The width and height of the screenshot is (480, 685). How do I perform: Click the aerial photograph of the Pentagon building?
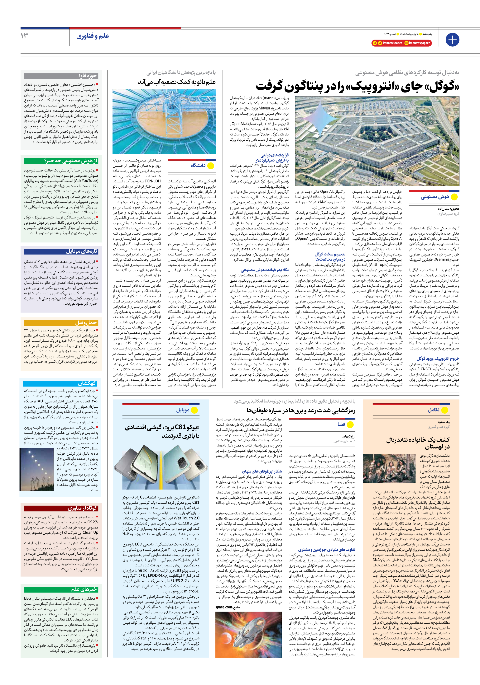point(377,141)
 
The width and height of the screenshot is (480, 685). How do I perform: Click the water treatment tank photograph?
point(164,121)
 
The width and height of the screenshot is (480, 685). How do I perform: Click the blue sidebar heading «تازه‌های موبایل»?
point(82,251)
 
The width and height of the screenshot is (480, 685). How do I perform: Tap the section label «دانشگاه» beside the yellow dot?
point(198,166)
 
